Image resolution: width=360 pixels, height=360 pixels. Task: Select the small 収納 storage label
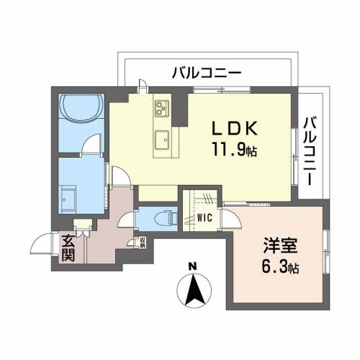(x=142, y=243)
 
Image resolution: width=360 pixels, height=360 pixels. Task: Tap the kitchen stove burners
(x=159, y=108)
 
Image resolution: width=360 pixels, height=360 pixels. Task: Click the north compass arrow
(x=192, y=292)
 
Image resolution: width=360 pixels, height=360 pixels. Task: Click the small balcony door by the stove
(x=143, y=84)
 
